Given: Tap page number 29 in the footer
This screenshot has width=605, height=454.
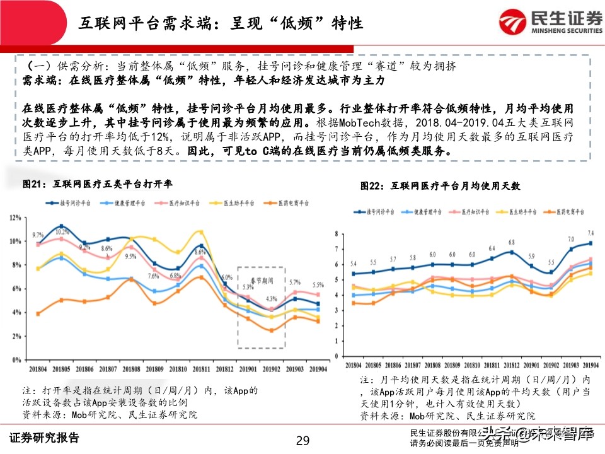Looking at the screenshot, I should point(303,440).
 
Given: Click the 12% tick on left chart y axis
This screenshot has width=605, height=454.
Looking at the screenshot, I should point(15,218).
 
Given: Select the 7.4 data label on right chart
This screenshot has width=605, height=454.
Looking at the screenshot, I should point(591,233).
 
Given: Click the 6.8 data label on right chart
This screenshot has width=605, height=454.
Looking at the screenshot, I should point(512,242).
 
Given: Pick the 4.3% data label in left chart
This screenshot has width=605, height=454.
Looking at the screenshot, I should point(272,299).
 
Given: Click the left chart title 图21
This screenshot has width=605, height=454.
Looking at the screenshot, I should point(97,183).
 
